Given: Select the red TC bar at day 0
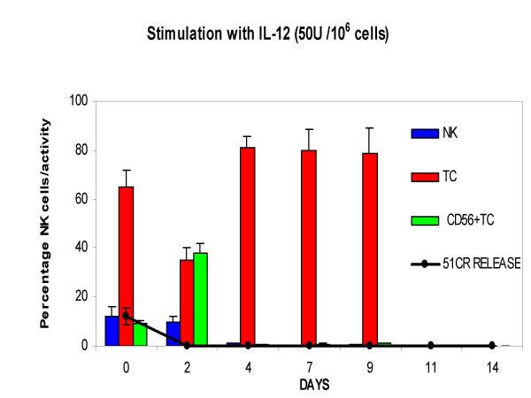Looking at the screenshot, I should pyautogui.click(x=127, y=265).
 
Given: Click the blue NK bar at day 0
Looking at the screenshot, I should pyautogui.click(x=112, y=330).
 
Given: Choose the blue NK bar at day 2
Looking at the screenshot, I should pyautogui.click(x=172, y=333).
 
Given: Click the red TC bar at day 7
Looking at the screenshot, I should pyautogui.click(x=309, y=248).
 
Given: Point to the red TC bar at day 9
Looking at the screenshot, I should pyautogui.click(x=370, y=249).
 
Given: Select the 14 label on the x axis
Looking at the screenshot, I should pyautogui.click(x=492, y=364).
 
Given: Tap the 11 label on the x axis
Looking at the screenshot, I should pyautogui.click(x=431, y=364).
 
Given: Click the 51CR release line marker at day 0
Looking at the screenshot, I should pyautogui.click(x=127, y=316).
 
